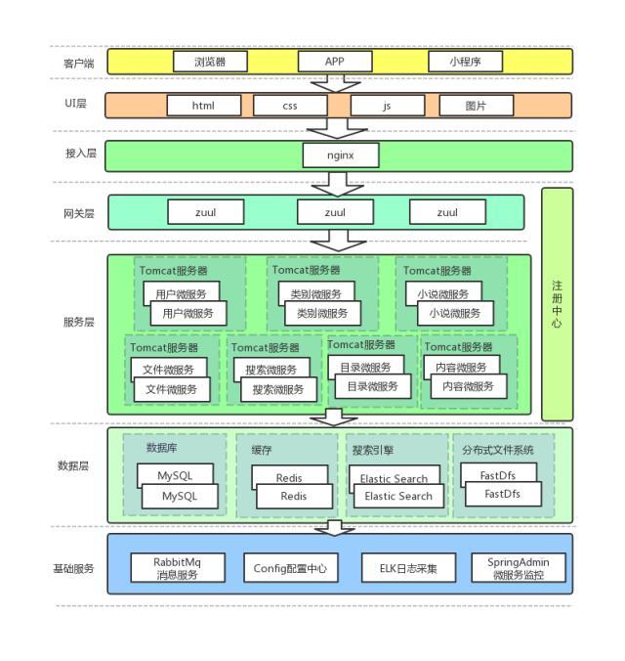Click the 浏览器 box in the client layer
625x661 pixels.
210,62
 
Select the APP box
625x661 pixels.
335,62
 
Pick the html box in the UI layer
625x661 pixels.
203,106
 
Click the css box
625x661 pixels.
289,106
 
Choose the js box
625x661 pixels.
387,106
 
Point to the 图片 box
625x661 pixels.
476,106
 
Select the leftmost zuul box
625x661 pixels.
205,211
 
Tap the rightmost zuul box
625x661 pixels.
447,211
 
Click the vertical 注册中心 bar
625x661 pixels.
557,304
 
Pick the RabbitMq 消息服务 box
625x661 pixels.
176,568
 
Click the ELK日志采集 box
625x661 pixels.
408,568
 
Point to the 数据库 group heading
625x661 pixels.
162,447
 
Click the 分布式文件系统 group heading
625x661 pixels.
498,450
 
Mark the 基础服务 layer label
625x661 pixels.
74,568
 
